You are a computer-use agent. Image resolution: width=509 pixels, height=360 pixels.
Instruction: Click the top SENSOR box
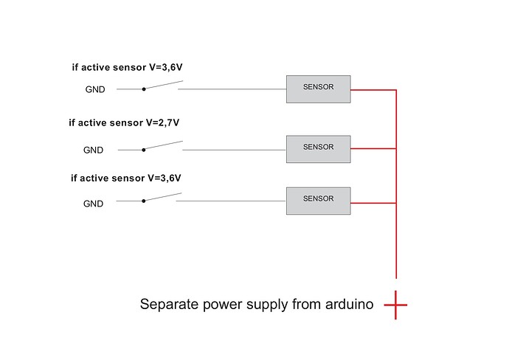click(318, 89)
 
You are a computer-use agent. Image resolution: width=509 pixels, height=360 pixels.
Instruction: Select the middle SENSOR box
click(318, 148)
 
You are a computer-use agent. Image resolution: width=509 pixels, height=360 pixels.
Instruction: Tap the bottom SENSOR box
click(318, 200)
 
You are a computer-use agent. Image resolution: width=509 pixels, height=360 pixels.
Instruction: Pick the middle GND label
click(94, 150)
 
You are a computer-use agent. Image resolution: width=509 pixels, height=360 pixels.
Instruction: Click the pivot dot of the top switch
click(144, 89)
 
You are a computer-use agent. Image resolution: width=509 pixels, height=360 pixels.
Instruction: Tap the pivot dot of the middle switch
click(144, 150)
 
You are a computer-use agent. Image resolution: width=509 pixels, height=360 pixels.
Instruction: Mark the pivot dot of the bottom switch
click(144, 201)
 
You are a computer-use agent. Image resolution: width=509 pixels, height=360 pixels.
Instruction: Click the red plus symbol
click(395, 304)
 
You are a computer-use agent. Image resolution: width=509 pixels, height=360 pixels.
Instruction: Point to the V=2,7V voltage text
click(162, 123)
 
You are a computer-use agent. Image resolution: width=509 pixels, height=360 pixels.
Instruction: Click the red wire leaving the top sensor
click(373, 90)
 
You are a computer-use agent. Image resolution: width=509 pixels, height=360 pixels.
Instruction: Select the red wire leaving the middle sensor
click(373, 148)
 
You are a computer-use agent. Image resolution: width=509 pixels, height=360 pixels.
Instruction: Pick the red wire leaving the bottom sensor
click(373, 202)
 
